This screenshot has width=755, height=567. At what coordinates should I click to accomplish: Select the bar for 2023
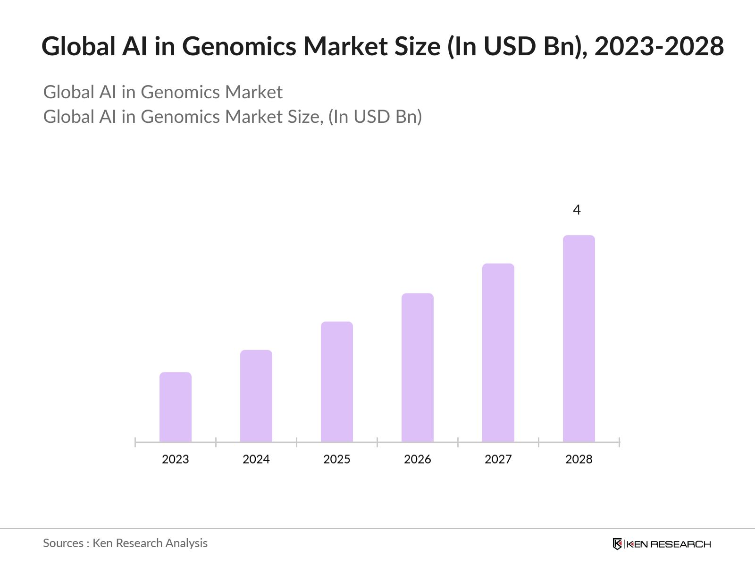click(176, 407)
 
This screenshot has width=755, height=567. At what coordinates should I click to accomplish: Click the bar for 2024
click(256, 396)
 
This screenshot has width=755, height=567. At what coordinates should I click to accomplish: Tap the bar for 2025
click(337, 382)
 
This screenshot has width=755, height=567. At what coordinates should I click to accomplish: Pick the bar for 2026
click(418, 368)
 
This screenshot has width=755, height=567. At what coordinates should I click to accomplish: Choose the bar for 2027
click(498, 352)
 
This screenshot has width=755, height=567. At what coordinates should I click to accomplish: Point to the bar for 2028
click(579, 338)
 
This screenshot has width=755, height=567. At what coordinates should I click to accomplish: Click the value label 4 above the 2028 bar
click(577, 210)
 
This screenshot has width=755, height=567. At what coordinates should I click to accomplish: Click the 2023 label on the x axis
click(176, 459)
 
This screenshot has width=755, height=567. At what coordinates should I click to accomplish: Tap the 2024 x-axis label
click(256, 459)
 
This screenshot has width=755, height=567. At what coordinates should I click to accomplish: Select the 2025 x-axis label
click(337, 459)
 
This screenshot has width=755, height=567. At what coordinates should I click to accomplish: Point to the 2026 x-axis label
click(418, 459)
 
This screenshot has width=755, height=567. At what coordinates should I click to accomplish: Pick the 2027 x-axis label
click(498, 459)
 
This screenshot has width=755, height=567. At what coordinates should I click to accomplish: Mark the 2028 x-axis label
click(579, 459)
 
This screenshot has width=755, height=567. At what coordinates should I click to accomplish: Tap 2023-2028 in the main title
click(659, 47)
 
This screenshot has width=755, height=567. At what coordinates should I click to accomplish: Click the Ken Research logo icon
click(617, 544)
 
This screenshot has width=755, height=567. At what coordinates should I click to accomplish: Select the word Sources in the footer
click(63, 543)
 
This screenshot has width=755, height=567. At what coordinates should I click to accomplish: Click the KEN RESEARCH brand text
click(669, 544)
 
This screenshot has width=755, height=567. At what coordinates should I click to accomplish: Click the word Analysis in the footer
click(185, 543)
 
